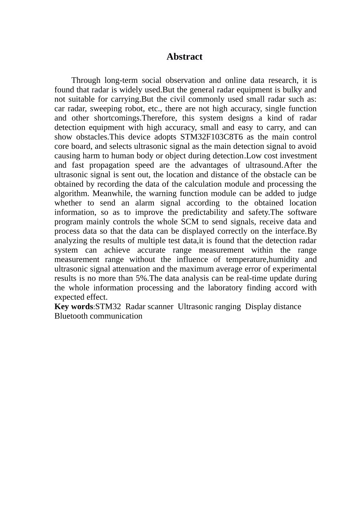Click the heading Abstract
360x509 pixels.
[184, 57]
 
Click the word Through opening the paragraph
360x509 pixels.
[86, 80]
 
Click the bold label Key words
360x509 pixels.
[74, 307]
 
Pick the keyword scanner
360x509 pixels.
[160, 307]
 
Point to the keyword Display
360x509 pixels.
[258, 307]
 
